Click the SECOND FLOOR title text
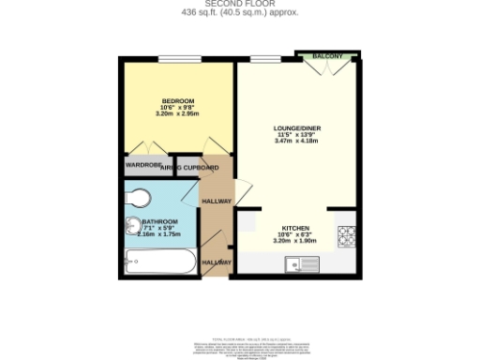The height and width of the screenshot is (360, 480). click(239, 4)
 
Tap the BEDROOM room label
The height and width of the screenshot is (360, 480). click(177, 101)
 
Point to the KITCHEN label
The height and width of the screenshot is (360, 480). click(296, 228)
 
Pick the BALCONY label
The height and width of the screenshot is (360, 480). click(327, 56)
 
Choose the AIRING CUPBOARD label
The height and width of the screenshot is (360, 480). click(190, 168)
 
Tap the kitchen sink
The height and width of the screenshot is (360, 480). click(304, 265)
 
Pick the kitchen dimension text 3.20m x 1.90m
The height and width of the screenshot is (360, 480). click(296, 241)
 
